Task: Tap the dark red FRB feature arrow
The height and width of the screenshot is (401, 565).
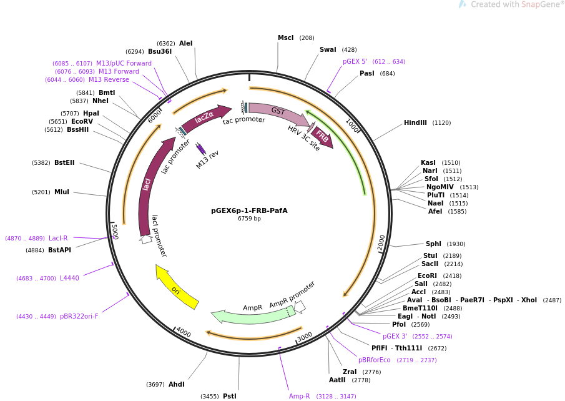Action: (x=322, y=137)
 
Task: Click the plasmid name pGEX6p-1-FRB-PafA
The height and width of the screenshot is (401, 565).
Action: (x=249, y=210)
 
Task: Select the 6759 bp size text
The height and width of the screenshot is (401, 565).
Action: (x=249, y=219)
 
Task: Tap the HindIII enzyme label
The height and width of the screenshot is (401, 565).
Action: (x=415, y=122)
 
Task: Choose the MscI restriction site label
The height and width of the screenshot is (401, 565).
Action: (x=286, y=37)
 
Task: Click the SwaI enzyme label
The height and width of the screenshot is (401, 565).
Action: (x=328, y=49)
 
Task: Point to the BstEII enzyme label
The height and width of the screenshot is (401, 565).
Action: (x=64, y=162)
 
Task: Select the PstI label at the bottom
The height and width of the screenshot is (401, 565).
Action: (x=230, y=396)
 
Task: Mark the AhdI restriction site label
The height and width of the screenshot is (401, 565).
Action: (x=177, y=384)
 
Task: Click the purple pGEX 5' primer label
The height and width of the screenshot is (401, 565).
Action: (x=355, y=61)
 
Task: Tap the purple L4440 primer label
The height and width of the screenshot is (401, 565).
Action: (x=69, y=278)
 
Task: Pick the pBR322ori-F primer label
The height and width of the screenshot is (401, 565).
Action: (x=79, y=316)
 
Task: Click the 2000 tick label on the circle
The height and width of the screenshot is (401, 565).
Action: (x=381, y=242)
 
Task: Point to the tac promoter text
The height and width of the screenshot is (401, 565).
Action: (x=244, y=120)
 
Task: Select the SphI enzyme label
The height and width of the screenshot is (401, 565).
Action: (x=433, y=244)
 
